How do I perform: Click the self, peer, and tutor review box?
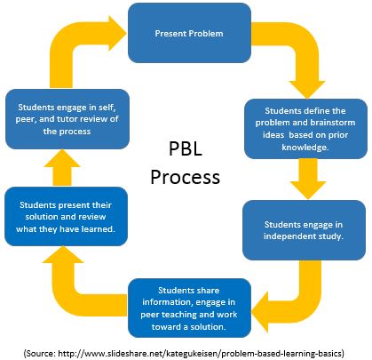coord(65,117)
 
